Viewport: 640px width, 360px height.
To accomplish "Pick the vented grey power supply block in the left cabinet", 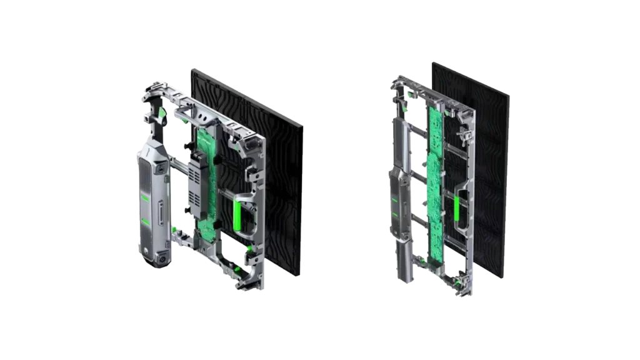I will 196,194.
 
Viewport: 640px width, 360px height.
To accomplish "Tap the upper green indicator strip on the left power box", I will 146,199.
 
